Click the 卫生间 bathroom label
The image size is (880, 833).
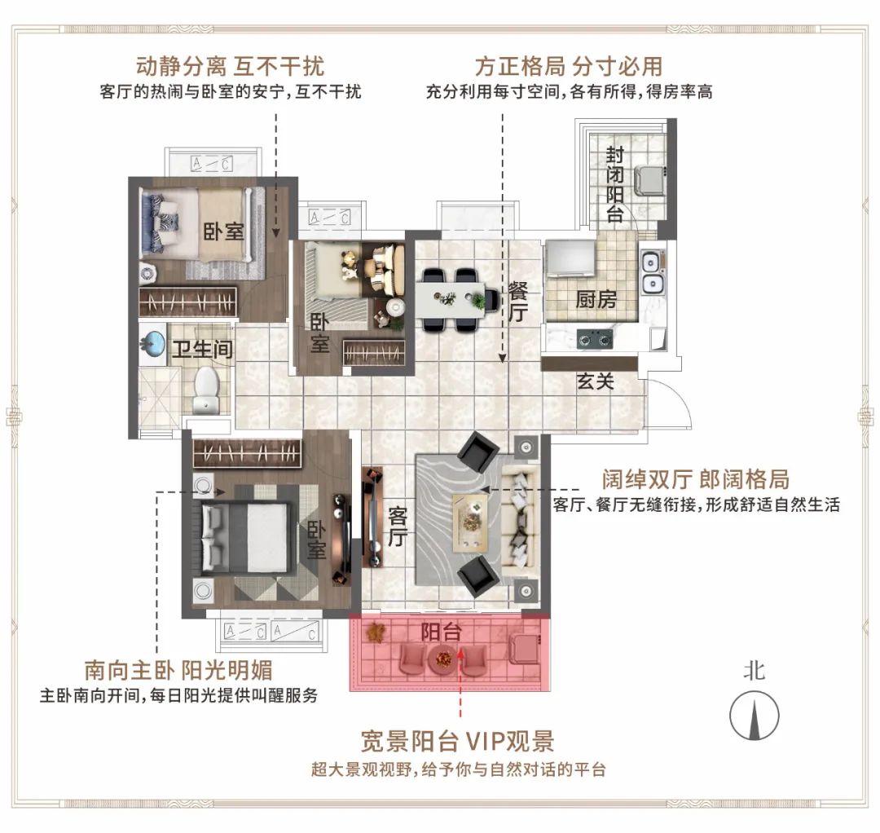203,349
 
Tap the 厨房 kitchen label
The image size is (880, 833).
596,299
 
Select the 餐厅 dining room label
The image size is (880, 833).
518,302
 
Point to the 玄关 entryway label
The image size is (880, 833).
596,381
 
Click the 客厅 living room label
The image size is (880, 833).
398,527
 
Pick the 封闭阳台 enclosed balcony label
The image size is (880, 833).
615,183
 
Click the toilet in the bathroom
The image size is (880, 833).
206,390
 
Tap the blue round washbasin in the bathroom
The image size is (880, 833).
153,342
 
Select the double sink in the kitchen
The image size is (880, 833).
652,273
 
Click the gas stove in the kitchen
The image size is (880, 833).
595,339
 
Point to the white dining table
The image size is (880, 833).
450,299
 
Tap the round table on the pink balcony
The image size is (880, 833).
443,659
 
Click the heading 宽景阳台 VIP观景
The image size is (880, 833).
457,741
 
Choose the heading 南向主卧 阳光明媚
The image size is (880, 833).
178,670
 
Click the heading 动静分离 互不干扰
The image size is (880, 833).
230,66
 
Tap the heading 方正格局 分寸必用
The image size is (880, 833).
569,66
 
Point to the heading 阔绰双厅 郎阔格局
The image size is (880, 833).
696,480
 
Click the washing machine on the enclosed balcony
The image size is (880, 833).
649,181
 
